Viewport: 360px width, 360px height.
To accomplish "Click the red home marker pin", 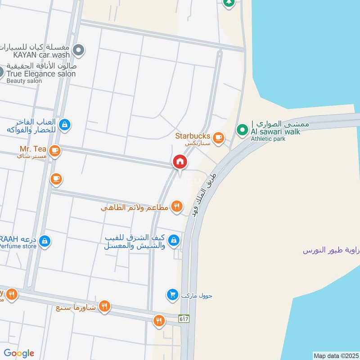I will pyautogui.click(x=180, y=162).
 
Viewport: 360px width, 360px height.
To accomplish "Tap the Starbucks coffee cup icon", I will pyautogui.click(x=218, y=137).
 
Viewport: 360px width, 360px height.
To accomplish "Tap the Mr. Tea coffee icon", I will pyautogui.click(x=55, y=151).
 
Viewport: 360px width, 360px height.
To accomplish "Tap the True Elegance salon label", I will pyautogui.click(x=41, y=74).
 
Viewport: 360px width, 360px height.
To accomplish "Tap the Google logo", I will pyautogui.click(x=18, y=353).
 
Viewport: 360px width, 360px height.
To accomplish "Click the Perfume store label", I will pyautogui.click(x=18, y=247).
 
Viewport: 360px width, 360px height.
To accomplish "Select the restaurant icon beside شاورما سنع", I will pyautogui.click(x=104, y=306).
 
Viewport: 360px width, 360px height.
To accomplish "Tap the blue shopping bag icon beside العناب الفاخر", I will pyautogui.click(x=65, y=124).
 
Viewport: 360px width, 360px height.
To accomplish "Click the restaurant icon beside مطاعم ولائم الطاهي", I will pyautogui.click(x=178, y=206).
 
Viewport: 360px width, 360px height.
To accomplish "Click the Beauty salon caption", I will pyautogui.click(x=24, y=81).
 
